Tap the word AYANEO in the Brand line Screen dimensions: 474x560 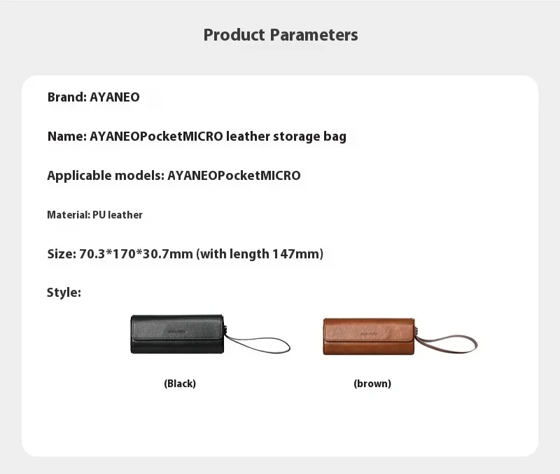click(x=115, y=97)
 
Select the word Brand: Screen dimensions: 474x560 click(x=67, y=97)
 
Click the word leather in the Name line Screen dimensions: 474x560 click(x=249, y=137)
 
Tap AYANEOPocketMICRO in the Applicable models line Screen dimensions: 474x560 click(x=234, y=176)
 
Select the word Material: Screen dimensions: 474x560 click(x=68, y=215)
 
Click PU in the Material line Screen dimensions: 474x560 click(x=99, y=215)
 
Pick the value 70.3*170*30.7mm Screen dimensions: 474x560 click(x=132, y=254)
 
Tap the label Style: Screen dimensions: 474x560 click(x=64, y=293)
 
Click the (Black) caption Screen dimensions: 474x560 click(x=180, y=384)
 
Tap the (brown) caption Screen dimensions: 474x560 click(x=372, y=384)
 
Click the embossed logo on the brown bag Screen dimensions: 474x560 click(x=369, y=335)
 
